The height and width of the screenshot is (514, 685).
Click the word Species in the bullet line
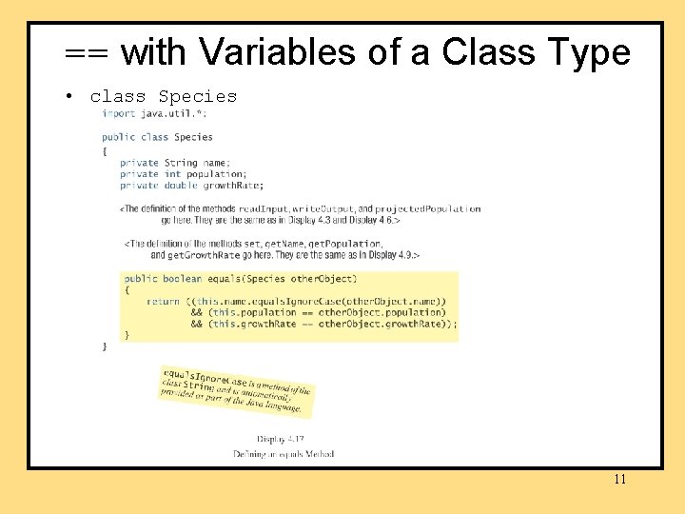coord(197,96)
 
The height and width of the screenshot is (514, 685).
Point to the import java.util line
coord(154,114)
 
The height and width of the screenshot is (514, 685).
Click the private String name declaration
coord(174,163)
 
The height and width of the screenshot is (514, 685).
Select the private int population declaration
coord(182,174)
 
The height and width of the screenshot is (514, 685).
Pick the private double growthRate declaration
coord(191,186)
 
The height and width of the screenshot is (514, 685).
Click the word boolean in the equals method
coord(182,279)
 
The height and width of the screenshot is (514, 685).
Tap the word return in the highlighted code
coord(163,301)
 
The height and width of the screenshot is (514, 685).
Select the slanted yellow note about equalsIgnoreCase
coord(236,389)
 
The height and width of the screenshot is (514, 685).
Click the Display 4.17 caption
coord(283,440)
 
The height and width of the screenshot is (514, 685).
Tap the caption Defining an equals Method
coord(283,454)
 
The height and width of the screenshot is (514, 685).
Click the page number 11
coord(619,480)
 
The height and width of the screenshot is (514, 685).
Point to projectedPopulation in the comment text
coord(429,209)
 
